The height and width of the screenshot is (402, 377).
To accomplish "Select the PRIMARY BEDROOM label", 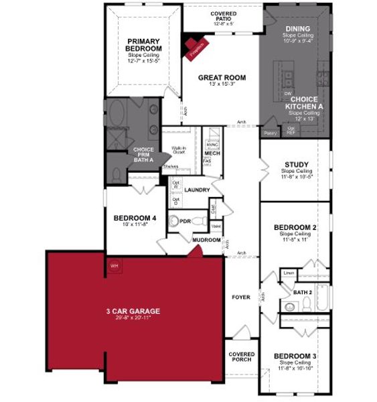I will [144, 45].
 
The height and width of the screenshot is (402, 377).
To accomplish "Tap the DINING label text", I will [297, 28].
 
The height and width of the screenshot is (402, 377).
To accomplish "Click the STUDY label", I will [297, 164].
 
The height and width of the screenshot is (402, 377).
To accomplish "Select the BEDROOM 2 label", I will [295, 228].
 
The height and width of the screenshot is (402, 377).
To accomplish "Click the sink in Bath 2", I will [290, 307].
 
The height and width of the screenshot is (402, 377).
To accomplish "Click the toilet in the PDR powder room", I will [173, 222].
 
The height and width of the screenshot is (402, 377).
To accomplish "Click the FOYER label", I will [241, 295].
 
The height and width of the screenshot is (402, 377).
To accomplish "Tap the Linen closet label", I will [288, 273].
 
